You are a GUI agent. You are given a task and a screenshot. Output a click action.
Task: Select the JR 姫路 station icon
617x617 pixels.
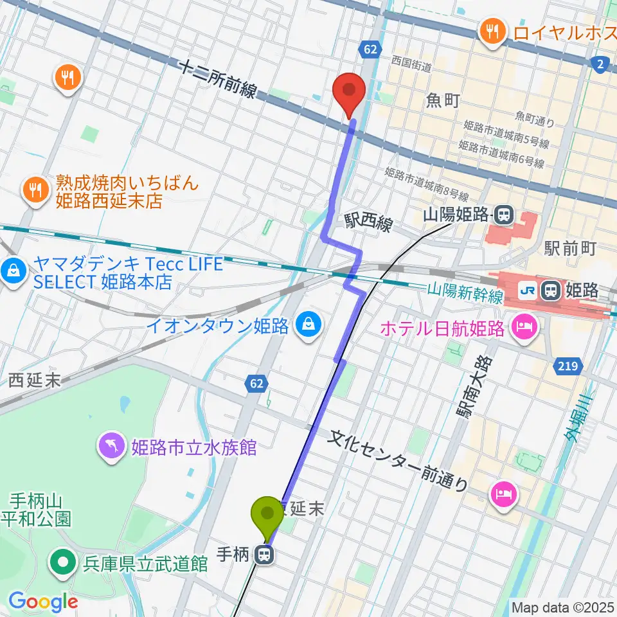tap(550, 291)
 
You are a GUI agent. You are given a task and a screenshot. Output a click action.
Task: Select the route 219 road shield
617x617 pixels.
tap(566, 366)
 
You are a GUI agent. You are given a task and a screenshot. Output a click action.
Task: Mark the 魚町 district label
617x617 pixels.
tap(443, 100)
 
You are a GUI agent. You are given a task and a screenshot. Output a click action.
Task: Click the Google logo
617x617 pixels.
tap(43, 602)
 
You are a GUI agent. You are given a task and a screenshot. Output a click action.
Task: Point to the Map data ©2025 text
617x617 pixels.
tap(562, 607)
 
